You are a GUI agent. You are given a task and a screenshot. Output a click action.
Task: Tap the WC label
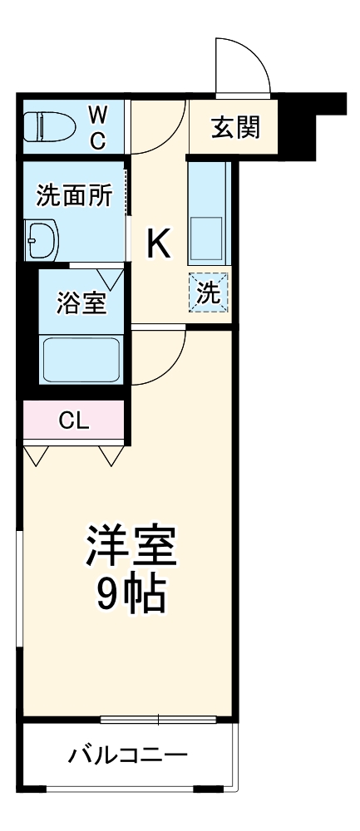tap(97, 126)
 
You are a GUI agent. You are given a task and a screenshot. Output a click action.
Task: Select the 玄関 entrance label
tap(235, 127)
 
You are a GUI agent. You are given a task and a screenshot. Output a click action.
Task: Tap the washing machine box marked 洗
tap(210, 293)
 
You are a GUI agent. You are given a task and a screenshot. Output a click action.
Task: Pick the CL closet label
tap(73, 420)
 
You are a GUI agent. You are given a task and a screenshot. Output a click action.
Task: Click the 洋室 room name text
tap(131, 547)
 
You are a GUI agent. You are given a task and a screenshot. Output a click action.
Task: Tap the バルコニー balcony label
tap(127, 756)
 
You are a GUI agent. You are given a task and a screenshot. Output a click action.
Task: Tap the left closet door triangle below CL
tap(36, 455)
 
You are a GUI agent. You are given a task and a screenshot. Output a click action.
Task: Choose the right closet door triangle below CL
tap(111, 455)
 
